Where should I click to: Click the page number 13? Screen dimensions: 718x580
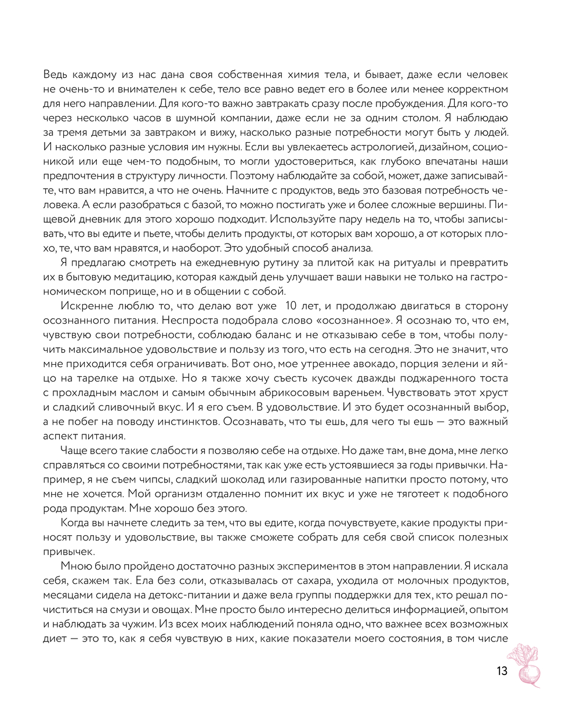click(x=502, y=671)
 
